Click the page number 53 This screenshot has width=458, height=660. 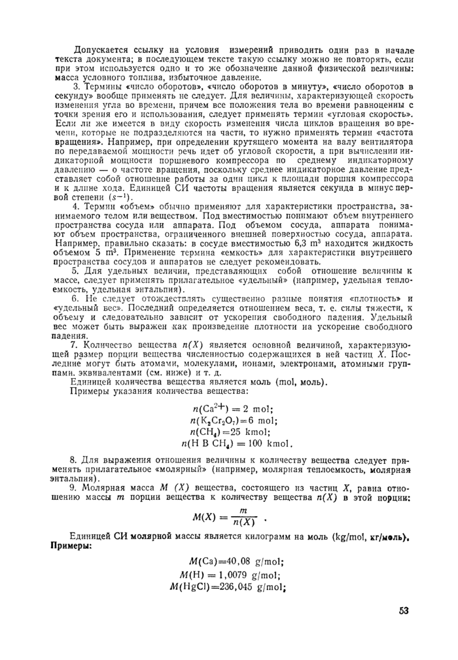[403, 611]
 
